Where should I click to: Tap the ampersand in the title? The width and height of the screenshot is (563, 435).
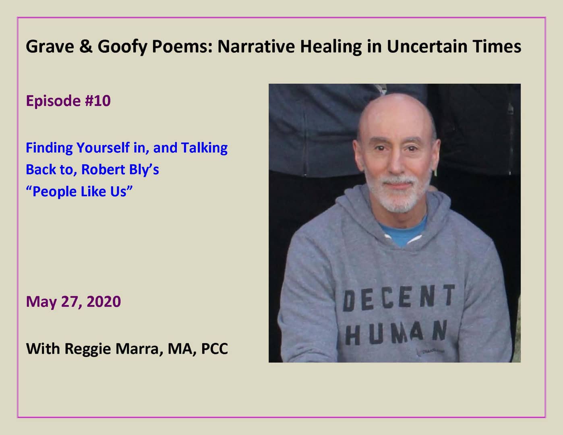point(85,47)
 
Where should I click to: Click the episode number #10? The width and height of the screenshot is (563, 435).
point(97,101)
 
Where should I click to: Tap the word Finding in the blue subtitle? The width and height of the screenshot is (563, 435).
point(49,148)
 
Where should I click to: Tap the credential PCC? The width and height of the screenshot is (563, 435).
point(214,349)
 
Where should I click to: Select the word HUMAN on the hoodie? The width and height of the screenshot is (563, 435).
point(396,333)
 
